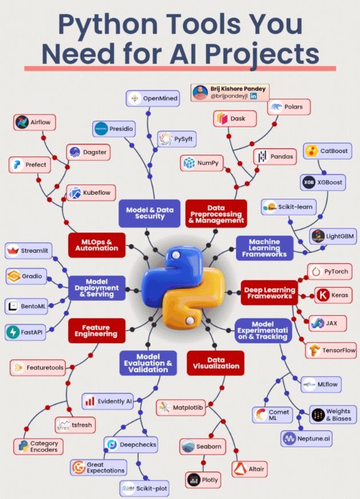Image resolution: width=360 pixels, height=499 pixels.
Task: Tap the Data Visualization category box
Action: point(216,363)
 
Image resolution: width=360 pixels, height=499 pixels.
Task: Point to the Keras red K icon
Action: point(323,296)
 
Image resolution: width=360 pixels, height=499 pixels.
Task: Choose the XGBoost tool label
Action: point(323,182)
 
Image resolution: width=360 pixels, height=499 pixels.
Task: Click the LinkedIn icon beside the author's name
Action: point(254,96)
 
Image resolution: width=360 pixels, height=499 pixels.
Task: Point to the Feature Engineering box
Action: point(96,330)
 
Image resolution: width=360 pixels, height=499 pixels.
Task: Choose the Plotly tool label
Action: point(203,480)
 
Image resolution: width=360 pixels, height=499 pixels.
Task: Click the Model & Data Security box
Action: point(149,213)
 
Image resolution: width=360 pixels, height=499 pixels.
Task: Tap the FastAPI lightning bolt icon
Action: point(13,332)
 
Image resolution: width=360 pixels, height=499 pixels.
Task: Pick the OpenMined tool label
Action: point(153,99)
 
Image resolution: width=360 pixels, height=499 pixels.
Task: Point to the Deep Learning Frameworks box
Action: point(269,293)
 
